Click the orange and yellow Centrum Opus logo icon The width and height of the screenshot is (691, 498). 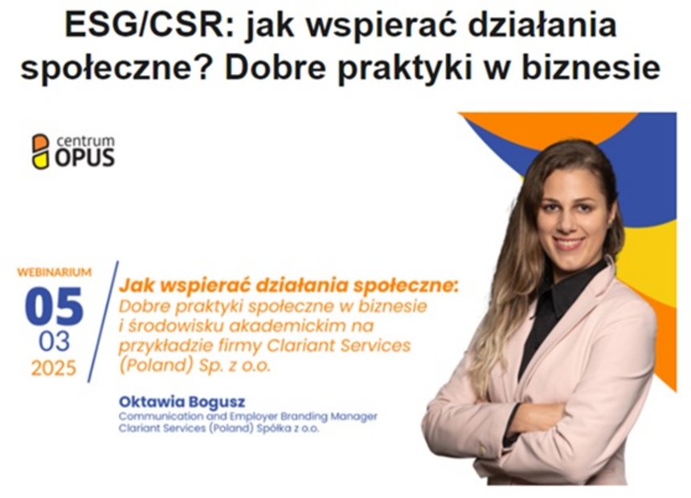pos(40,151)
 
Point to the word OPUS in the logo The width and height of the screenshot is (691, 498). pos(84,157)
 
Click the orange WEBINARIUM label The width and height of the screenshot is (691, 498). pos(55,272)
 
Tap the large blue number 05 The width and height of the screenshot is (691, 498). pos(54,306)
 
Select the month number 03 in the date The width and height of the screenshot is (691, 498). pos(54,341)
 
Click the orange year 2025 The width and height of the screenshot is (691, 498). pos(54,368)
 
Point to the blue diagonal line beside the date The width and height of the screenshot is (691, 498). pos(103,322)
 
